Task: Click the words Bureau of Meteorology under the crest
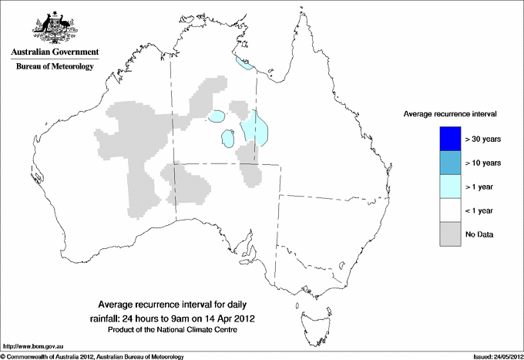click(x=55, y=67)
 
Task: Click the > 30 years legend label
click(x=483, y=140)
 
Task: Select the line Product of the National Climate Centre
click(x=173, y=330)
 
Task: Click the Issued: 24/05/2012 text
click(x=491, y=355)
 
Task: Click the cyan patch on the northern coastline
click(x=244, y=65)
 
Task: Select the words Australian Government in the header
click(x=55, y=52)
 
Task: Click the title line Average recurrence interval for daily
click(x=173, y=304)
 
